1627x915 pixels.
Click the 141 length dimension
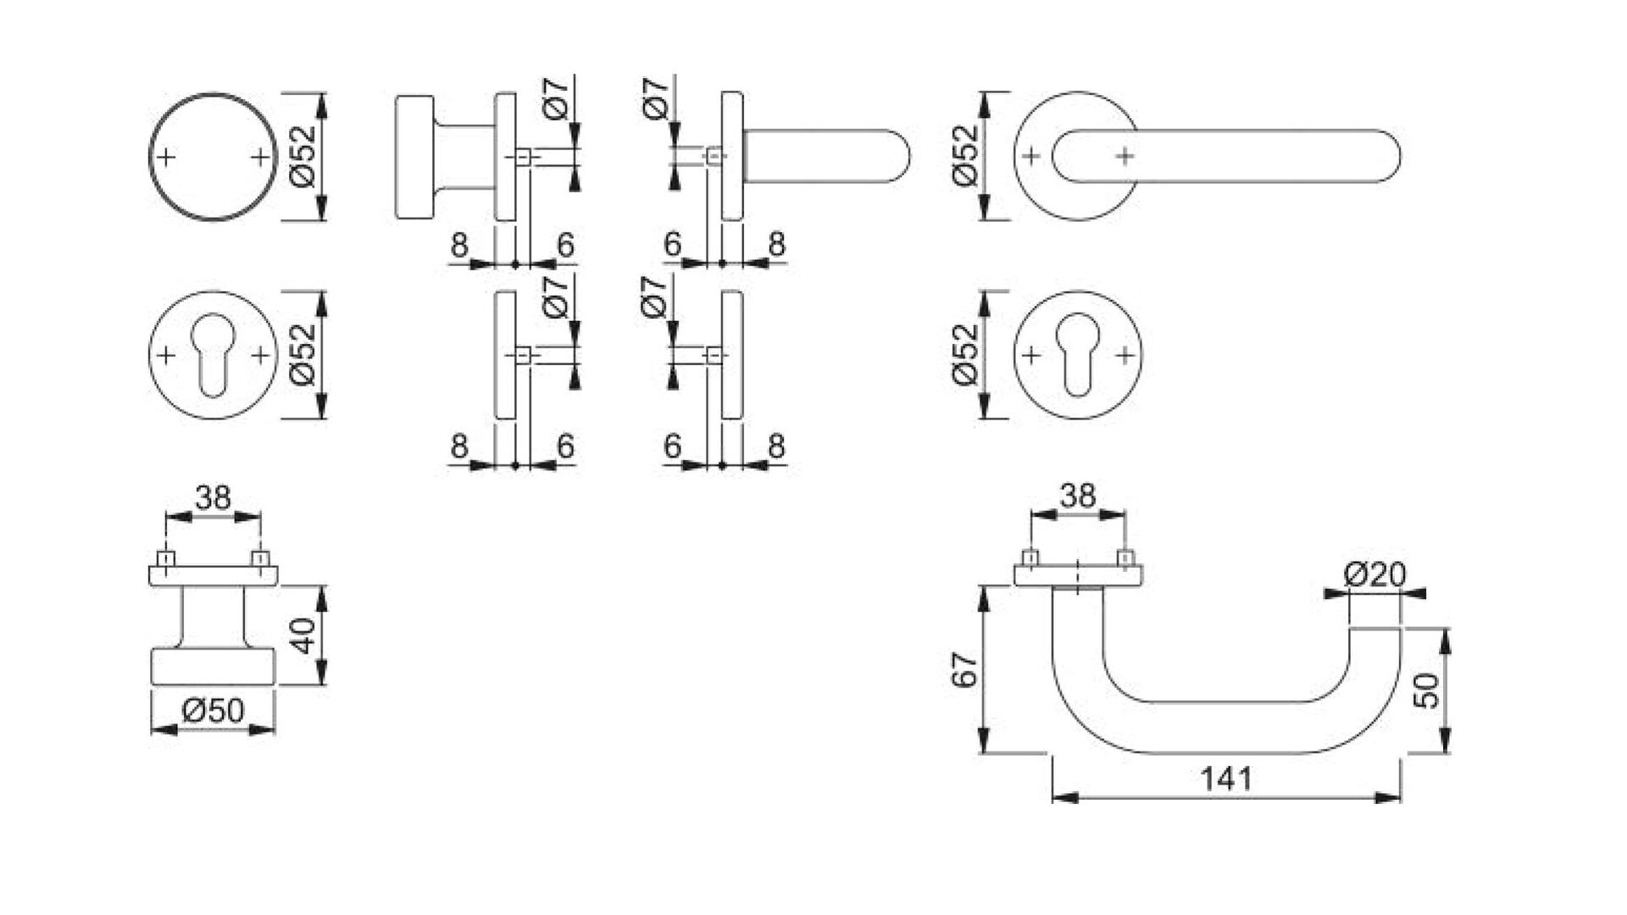pos(1225,778)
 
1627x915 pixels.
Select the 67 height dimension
pos(967,668)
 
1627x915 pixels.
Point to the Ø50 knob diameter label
pos(213,710)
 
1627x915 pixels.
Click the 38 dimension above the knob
pos(213,497)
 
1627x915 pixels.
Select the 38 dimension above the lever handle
pos(1077,495)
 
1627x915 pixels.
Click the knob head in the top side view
pos(414,157)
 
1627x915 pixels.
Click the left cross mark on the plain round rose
pos(167,157)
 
